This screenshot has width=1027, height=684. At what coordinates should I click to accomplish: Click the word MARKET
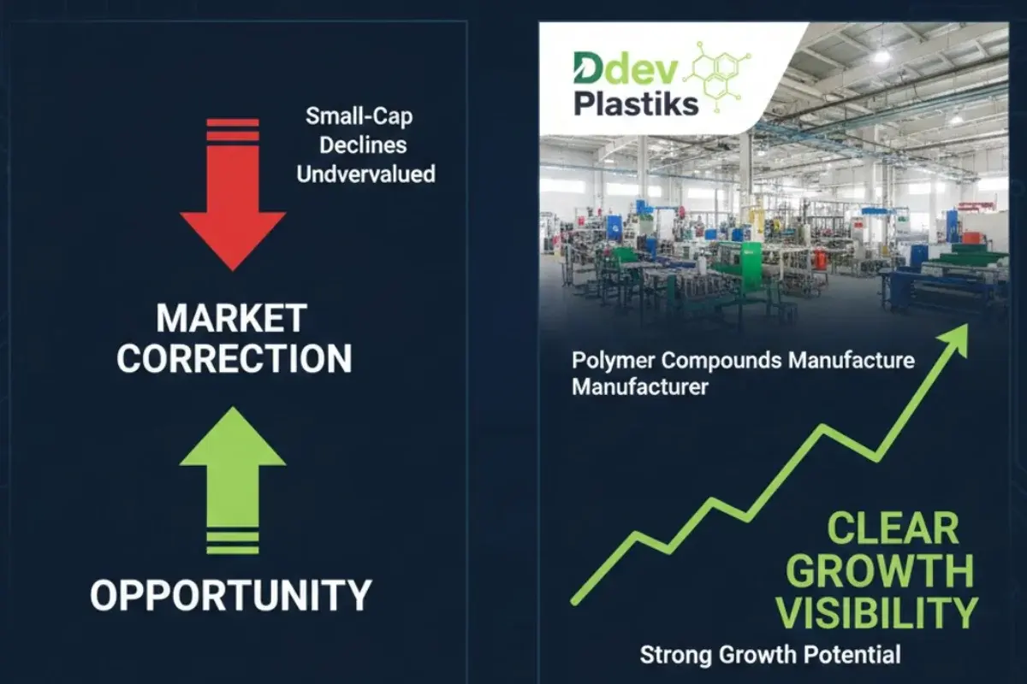tap(231, 319)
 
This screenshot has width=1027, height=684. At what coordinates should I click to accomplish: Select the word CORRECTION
tap(234, 358)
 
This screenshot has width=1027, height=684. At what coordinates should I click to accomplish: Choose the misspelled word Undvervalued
tap(365, 174)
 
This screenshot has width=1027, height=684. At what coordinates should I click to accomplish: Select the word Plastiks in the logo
tap(636, 103)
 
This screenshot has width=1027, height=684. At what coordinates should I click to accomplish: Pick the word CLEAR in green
tap(893, 529)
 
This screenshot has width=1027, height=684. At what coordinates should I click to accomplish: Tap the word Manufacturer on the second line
tap(639, 386)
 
